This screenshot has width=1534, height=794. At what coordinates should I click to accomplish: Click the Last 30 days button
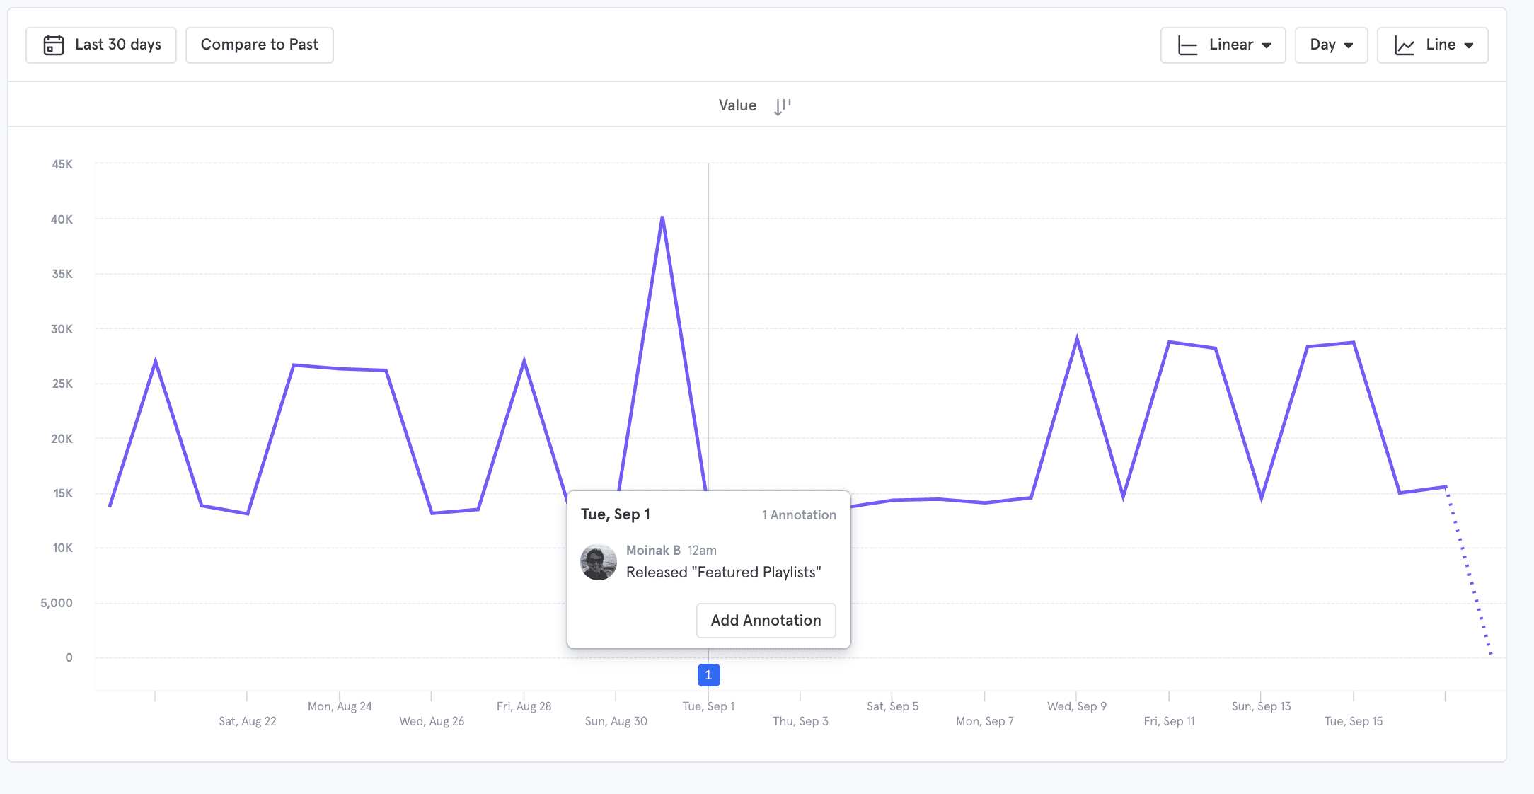tap(101, 45)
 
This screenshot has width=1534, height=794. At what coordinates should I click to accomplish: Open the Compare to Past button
tap(259, 45)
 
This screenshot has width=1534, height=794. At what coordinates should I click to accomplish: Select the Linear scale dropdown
tap(1223, 45)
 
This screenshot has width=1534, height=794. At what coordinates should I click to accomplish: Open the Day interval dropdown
tap(1331, 45)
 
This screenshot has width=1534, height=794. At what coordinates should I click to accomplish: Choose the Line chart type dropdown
tap(1432, 45)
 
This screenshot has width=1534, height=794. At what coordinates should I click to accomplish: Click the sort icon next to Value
tap(782, 106)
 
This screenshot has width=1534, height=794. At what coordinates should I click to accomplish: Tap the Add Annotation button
tap(766, 621)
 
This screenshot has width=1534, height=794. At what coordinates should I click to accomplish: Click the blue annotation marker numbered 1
tap(708, 675)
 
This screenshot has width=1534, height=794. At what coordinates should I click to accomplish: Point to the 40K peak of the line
tap(662, 217)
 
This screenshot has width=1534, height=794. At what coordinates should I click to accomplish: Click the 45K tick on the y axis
tap(62, 164)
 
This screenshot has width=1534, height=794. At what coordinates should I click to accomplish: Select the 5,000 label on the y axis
tap(57, 603)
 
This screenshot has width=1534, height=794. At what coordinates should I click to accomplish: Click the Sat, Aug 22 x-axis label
tap(248, 721)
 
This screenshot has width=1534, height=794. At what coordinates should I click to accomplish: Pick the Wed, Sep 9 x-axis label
tap(1077, 706)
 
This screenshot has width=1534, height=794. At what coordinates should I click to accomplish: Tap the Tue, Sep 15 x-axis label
tap(1354, 721)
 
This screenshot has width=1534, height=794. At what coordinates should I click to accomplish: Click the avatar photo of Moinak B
tap(599, 562)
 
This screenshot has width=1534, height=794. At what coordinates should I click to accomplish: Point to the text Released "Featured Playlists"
tap(723, 573)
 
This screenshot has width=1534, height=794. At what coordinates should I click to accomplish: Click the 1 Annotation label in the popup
tap(799, 515)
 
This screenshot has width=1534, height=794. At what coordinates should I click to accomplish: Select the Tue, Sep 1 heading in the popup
tap(616, 514)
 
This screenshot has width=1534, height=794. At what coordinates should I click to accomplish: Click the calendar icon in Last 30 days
tap(54, 45)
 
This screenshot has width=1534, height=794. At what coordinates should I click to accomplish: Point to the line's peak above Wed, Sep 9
tap(1077, 339)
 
